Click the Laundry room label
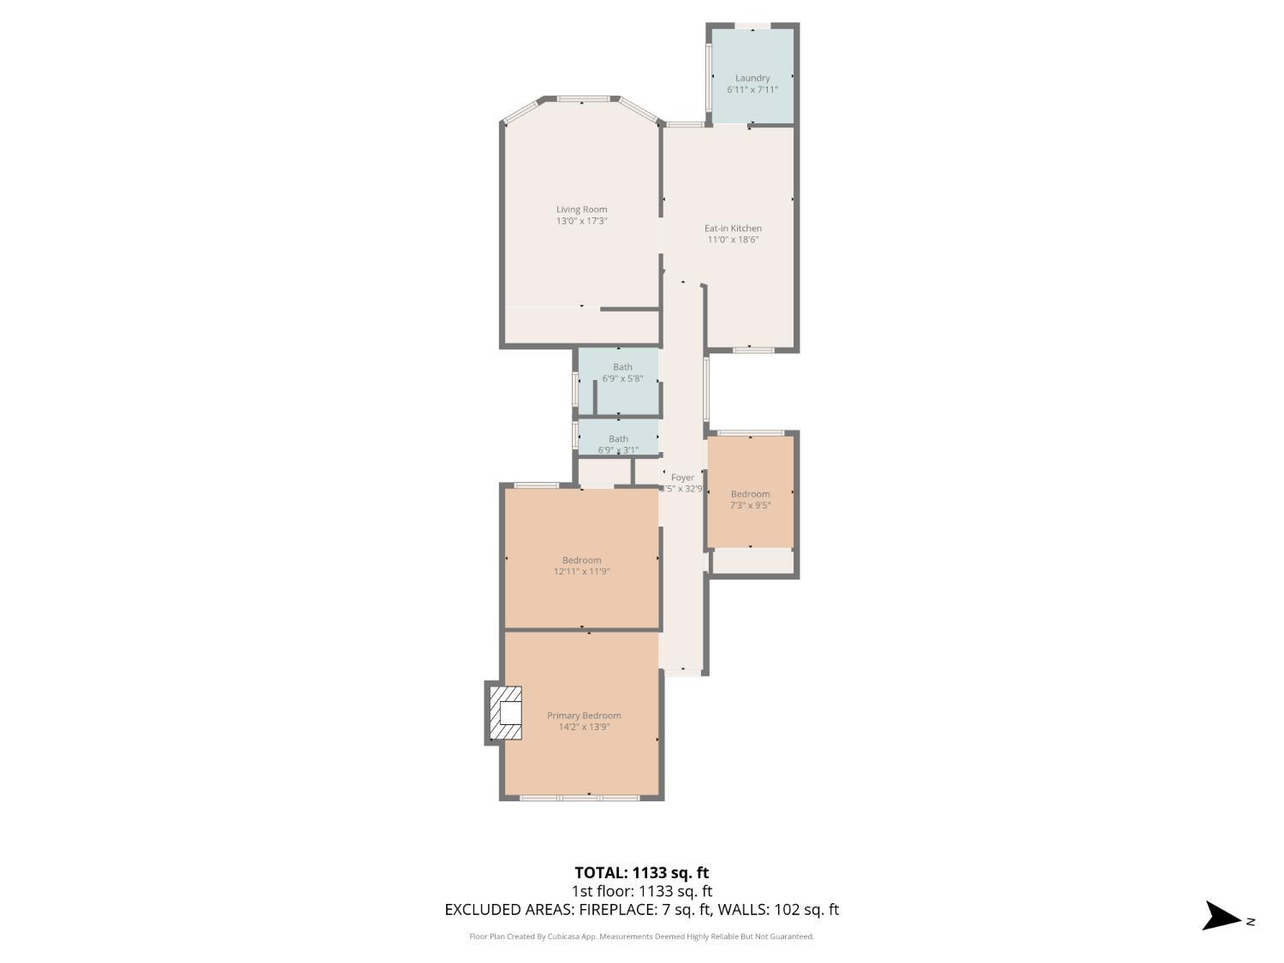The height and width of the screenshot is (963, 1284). coord(752,78)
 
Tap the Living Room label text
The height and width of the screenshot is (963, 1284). coord(581,209)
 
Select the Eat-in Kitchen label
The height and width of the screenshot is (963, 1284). coord(733,228)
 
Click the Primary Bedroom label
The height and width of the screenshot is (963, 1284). coord(584,716)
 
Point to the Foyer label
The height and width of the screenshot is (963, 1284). coord(682,478)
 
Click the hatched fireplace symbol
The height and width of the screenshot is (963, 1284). coord(505,713)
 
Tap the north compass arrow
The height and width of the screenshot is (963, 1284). coord(1222,916)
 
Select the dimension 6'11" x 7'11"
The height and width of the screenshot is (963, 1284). coord(752,90)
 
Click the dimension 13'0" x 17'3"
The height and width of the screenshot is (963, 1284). coord(581,221)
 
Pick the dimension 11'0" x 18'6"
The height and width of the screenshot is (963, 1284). coord(733,240)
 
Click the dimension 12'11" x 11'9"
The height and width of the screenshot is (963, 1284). coord(581,572)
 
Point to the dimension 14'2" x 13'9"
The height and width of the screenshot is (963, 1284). coord(584,728)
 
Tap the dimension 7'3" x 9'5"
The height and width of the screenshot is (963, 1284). coord(750,506)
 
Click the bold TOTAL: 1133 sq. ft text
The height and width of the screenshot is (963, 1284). coord(641,873)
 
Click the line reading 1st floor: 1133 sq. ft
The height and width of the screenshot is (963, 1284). coord(641,891)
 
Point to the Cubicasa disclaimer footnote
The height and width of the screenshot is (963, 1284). coord(641,936)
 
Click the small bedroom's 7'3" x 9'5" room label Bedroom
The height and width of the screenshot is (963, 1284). coord(750,494)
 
